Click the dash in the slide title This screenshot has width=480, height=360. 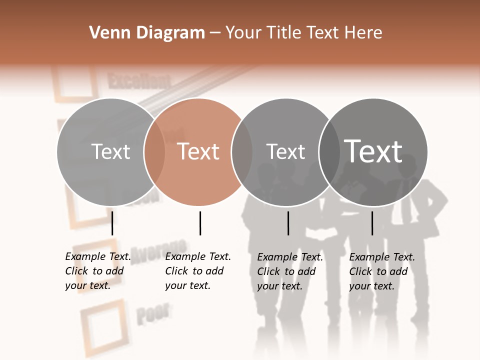tap(215, 33)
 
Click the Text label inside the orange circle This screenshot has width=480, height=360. tap(198, 151)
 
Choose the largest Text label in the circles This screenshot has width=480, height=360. tap(373, 151)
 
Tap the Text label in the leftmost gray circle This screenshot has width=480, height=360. tap(111, 151)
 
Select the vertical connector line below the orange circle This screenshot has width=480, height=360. tap(200, 223)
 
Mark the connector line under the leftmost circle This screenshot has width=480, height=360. tap(112, 223)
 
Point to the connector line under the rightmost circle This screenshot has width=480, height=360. tap(372, 223)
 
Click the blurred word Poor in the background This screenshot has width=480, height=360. tap(152, 313)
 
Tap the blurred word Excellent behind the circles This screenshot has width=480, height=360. tap(139, 81)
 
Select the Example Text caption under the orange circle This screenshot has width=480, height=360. tap(197, 271)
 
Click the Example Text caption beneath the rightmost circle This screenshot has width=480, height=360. tap(381, 271)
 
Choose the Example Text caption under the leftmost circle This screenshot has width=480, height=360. tap(97, 271)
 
